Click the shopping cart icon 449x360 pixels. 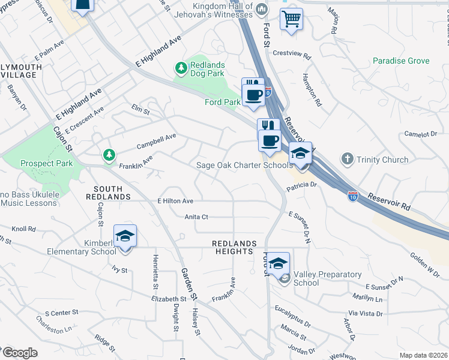pos(291,19)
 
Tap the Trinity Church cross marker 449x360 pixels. pos(346,160)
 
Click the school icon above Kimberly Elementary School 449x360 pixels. pos(125,237)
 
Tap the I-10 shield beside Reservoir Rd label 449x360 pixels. pos(354,196)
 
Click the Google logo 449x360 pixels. pos(19,352)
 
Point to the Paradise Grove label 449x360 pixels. pos(401,61)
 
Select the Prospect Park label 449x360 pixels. pos(46,163)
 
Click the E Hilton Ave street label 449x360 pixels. pos(175,201)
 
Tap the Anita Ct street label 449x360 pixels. pos(196,217)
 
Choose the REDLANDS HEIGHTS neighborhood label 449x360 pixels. pos(234,247)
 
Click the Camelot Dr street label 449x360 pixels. pos(420,134)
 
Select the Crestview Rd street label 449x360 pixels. pos(292,53)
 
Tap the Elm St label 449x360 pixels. pos(140,108)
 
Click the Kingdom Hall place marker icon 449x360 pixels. pos(262,10)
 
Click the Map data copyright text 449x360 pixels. pos(423,355)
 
